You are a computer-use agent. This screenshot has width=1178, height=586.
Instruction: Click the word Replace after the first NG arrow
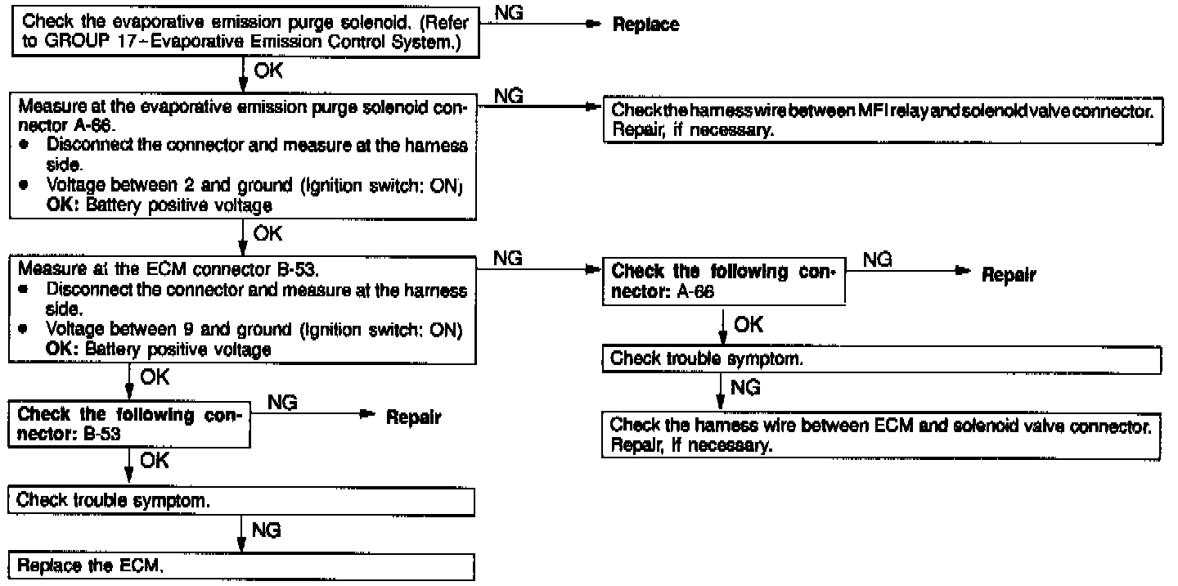point(645,25)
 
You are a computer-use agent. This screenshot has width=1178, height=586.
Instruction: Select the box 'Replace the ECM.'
point(241,566)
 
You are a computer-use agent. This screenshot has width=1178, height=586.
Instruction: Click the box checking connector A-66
point(723,282)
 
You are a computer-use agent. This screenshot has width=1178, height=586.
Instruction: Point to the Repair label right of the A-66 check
point(1009,276)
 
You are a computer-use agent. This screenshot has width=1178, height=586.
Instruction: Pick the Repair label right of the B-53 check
point(414,418)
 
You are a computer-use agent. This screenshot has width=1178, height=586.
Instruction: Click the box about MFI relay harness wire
point(882,120)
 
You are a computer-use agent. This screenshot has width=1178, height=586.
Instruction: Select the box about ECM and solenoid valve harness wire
point(882,437)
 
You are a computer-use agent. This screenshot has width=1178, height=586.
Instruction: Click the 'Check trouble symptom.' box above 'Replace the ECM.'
point(241,501)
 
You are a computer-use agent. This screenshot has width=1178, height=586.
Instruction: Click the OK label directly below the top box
point(268,72)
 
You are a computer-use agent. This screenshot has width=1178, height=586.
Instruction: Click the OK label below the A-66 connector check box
point(748,326)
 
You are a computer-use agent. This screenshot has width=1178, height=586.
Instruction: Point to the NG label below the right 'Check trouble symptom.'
point(744,389)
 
